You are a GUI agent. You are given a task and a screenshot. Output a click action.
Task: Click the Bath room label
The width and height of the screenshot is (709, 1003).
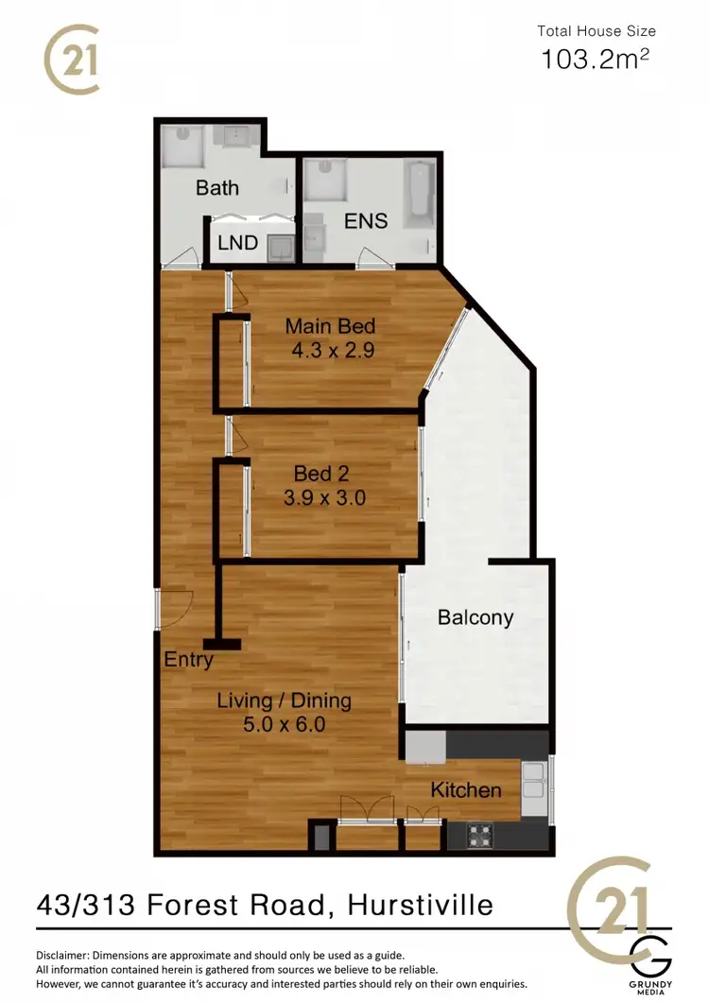[217, 187]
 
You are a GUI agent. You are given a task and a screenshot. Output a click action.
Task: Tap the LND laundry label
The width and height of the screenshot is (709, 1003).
[237, 243]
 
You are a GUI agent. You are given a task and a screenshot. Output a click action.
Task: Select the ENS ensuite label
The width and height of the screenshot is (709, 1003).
[366, 221]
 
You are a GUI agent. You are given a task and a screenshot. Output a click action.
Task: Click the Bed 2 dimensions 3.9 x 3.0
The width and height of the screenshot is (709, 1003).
[324, 497]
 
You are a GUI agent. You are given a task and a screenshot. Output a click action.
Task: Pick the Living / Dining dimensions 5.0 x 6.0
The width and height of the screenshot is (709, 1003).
[284, 726]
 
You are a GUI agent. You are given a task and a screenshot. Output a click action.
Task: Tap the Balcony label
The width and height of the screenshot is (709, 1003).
[476, 618]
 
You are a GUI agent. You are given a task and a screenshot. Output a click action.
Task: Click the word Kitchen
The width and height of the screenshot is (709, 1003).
[466, 789]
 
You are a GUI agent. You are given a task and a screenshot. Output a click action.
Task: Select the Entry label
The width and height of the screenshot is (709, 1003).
[188, 660]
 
